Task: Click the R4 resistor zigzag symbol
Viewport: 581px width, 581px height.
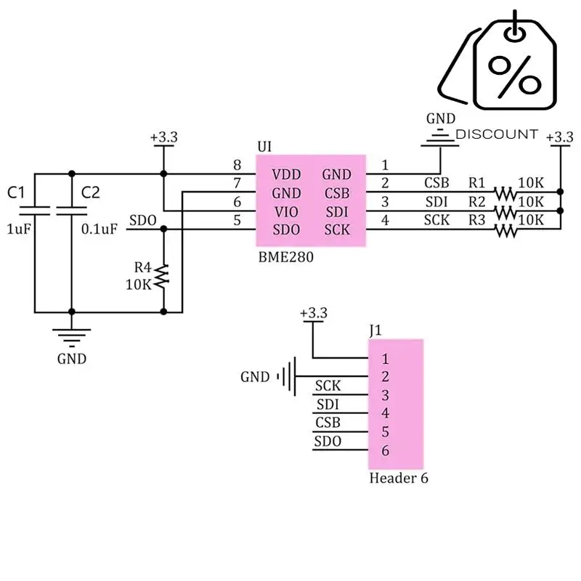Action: pos(163,275)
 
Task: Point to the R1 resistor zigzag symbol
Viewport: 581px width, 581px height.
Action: pos(505,193)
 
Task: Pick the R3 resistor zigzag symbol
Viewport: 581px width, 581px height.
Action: pos(505,231)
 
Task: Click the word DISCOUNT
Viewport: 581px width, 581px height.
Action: pos(497,134)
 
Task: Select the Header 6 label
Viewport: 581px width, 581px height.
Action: pos(399,479)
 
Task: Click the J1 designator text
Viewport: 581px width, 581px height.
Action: pos(375,331)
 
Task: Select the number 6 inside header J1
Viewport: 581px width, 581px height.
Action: pos(386,451)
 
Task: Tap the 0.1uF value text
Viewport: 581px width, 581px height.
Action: pos(99,229)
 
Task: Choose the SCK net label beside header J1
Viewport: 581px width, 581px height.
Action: pos(328,386)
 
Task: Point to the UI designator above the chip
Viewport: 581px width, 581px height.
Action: pos(265,147)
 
